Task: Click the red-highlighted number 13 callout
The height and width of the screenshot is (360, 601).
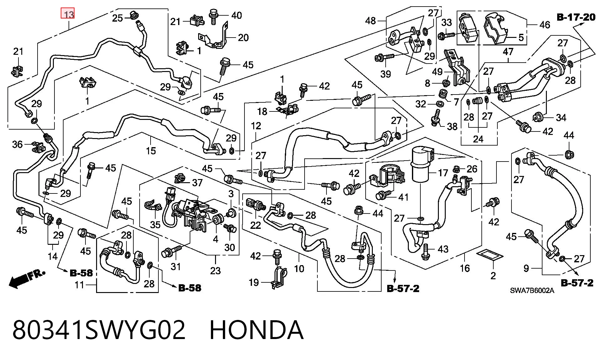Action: click(x=68, y=14)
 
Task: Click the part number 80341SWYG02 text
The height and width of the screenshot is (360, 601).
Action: click(x=99, y=330)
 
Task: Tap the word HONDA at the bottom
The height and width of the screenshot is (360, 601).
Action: click(x=256, y=330)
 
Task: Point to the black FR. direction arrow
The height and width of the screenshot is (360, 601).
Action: click(x=26, y=278)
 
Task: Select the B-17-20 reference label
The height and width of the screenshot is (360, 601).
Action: click(x=576, y=17)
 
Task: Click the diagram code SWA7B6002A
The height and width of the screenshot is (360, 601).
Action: click(x=532, y=291)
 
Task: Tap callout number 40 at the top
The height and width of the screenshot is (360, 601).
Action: click(x=236, y=15)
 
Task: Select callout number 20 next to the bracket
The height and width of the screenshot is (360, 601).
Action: click(x=243, y=38)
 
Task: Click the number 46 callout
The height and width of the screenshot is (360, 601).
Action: click(x=545, y=24)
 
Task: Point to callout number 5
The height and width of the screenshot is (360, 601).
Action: click(x=521, y=38)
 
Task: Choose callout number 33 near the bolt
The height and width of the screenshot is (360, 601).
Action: click(x=447, y=23)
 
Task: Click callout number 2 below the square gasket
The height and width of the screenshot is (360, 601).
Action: click(x=493, y=275)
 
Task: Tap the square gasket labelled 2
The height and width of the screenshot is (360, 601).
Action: click(x=490, y=255)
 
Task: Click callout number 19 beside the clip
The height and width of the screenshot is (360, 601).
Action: click(x=254, y=282)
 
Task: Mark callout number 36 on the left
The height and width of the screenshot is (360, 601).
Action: click(x=17, y=144)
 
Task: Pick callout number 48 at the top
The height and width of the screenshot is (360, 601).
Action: click(x=370, y=21)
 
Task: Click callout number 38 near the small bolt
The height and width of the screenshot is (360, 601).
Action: click(x=452, y=126)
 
